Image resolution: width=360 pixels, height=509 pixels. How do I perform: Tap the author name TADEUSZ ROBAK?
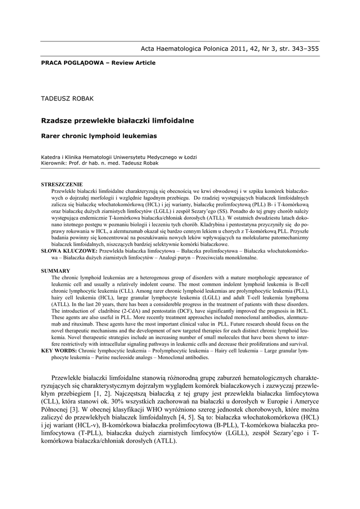point(67,98)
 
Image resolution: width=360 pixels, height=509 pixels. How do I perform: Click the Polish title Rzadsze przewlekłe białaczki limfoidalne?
point(117,120)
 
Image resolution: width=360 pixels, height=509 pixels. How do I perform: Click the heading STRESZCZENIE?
point(62,184)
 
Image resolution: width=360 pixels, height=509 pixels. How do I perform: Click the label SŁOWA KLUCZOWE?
point(70,252)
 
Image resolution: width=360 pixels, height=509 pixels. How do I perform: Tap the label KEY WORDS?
point(59,350)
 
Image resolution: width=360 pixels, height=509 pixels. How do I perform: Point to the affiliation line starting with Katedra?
point(118,157)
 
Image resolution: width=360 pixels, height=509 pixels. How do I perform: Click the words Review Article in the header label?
point(134,63)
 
